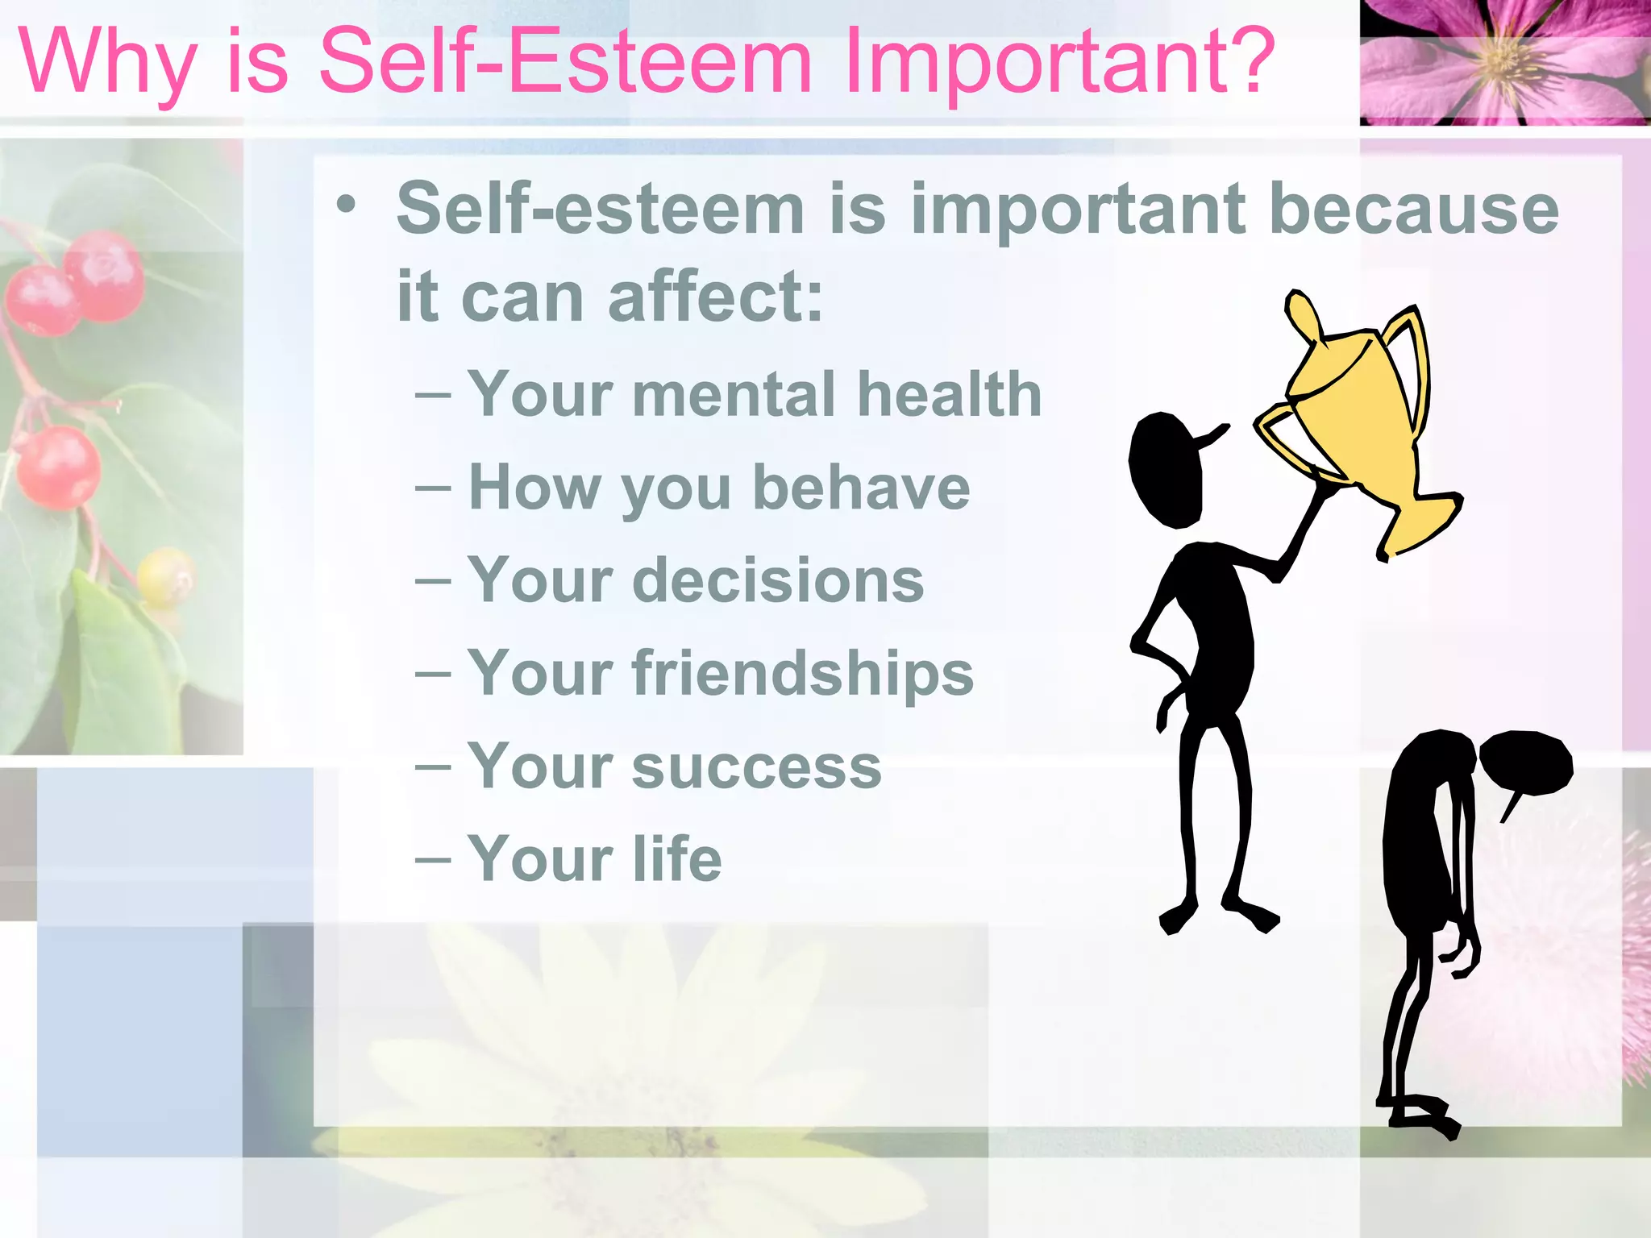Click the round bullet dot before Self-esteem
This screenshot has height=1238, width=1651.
pos(346,205)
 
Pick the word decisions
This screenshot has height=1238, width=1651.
pos(778,580)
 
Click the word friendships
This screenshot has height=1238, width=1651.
pos(803,674)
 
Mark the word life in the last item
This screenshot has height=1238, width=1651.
pos(677,859)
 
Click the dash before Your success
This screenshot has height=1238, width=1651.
pos(433,766)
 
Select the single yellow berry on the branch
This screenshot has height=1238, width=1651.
pos(165,577)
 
